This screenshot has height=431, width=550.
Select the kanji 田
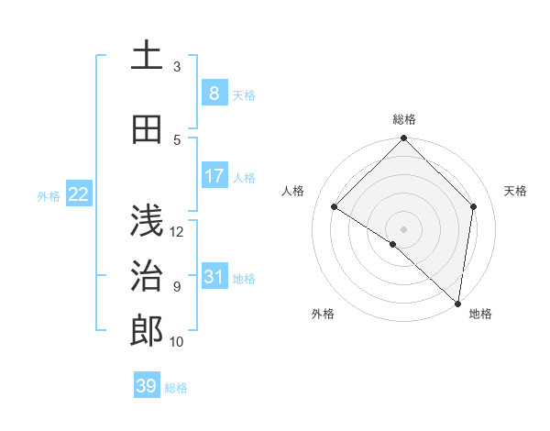click(147, 130)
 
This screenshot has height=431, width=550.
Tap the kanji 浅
click(147, 220)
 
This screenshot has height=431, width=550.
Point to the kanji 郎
click(147, 331)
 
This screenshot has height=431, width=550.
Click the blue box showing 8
click(214, 94)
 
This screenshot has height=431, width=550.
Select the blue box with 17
click(214, 176)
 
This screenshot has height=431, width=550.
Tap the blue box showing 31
click(214, 277)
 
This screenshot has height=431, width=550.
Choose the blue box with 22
click(78, 194)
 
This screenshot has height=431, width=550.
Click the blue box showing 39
click(146, 386)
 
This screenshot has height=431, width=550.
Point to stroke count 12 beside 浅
click(177, 231)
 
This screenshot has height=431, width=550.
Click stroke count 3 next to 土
click(177, 66)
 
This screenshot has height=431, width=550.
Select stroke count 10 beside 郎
click(177, 342)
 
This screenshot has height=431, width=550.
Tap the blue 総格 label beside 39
click(176, 388)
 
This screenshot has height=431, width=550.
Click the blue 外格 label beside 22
click(49, 195)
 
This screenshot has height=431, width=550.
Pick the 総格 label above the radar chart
click(404, 119)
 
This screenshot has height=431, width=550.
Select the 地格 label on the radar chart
click(480, 314)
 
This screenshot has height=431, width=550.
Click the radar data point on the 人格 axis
click(335, 207)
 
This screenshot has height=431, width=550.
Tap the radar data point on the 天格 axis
click(474, 206)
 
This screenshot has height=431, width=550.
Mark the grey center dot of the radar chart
click(404, 228)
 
